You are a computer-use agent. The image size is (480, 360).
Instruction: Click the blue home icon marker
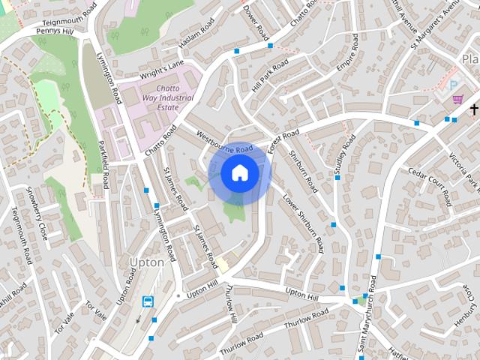click(x=239, y=173)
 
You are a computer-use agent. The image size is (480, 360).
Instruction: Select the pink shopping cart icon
click(x=457, y=99)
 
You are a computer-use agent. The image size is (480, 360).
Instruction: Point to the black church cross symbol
click(x=473, y=110)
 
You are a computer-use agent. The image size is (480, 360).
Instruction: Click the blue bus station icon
click(x=148, y=301)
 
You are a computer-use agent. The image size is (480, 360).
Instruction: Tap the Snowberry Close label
click(x=37, y=212)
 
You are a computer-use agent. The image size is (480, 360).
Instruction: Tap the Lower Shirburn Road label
click(x=303, y=223)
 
